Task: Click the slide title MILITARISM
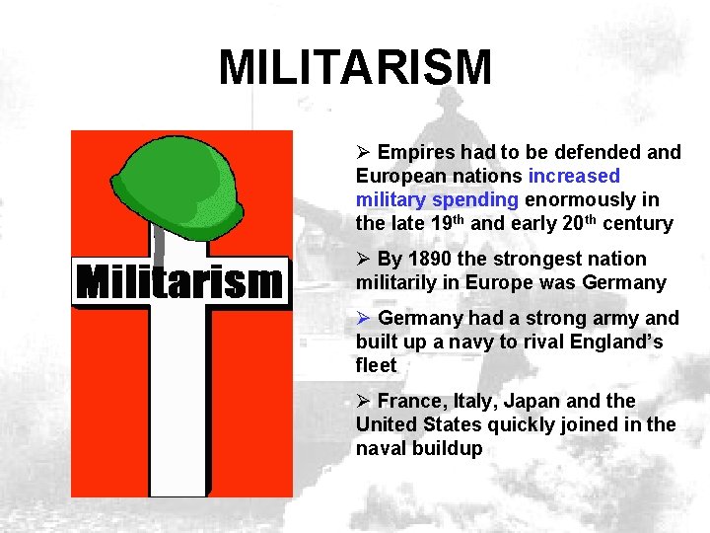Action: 355,68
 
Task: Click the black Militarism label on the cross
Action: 181,283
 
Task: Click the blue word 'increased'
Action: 574,176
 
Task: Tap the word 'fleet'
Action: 376,365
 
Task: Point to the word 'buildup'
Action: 449,448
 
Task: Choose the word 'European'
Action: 398,176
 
